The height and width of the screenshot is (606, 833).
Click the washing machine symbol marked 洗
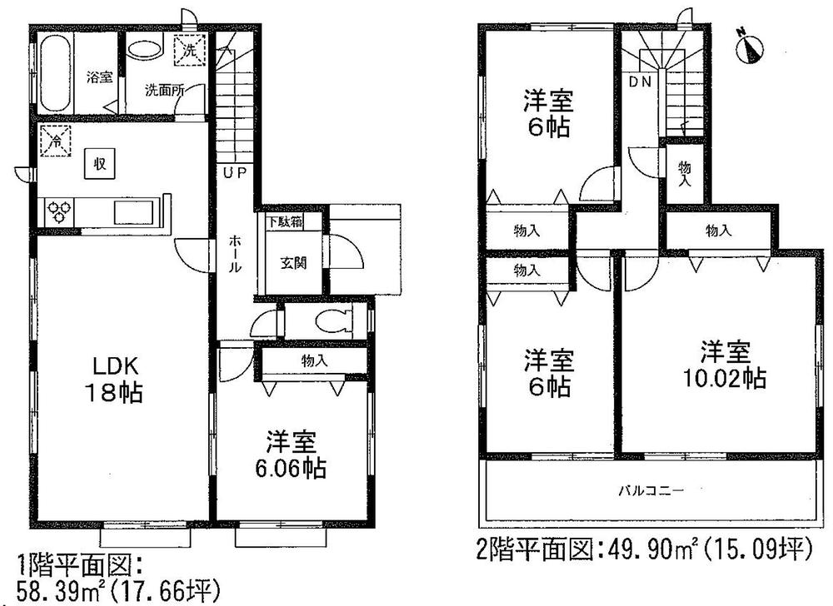tap(186, 52)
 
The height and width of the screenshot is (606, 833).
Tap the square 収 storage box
tap(98, 163)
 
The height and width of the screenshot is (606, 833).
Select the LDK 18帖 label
tap(116, 380)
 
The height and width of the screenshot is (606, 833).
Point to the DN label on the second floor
tap(640, 82)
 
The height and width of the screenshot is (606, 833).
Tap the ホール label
tap(236, 255)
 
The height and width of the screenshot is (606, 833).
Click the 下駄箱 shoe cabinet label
tap(284, 222)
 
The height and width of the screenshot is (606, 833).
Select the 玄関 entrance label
tap(292, 263)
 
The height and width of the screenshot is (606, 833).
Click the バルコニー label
tap(651, 491)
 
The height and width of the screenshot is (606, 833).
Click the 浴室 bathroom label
tap(99, 77)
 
